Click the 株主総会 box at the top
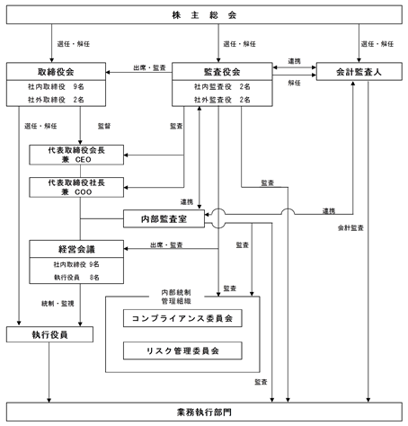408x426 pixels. [x=204, y=14]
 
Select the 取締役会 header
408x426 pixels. [x=56, y=72]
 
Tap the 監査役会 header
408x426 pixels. [x=222, y=72]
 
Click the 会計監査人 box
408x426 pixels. [x=359, y=72]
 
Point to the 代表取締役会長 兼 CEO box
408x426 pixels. [x=76, y=155]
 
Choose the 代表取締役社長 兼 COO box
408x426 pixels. [x=76, y=187]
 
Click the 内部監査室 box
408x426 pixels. [x=164, y=218]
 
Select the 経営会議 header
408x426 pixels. [x=76, y=249]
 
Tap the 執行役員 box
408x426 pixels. [x=49, y=334]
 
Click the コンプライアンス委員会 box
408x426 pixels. [x=182, y=318]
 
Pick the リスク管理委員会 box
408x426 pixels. [x=182, y=351]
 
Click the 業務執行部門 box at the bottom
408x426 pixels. [x=204, y=412]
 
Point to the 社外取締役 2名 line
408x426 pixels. [x=56, y=100]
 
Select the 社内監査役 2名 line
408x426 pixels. [x=222, y=86]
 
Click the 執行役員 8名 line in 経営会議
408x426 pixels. [x=76, y=278]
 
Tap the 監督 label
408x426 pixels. [x=104, y=126]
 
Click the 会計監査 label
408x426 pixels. [x=350, y=228]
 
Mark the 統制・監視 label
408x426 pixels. [x=58, y=304]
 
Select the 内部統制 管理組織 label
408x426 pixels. [x=176, y=297]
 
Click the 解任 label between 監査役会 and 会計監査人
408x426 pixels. [x=294, y=83]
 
